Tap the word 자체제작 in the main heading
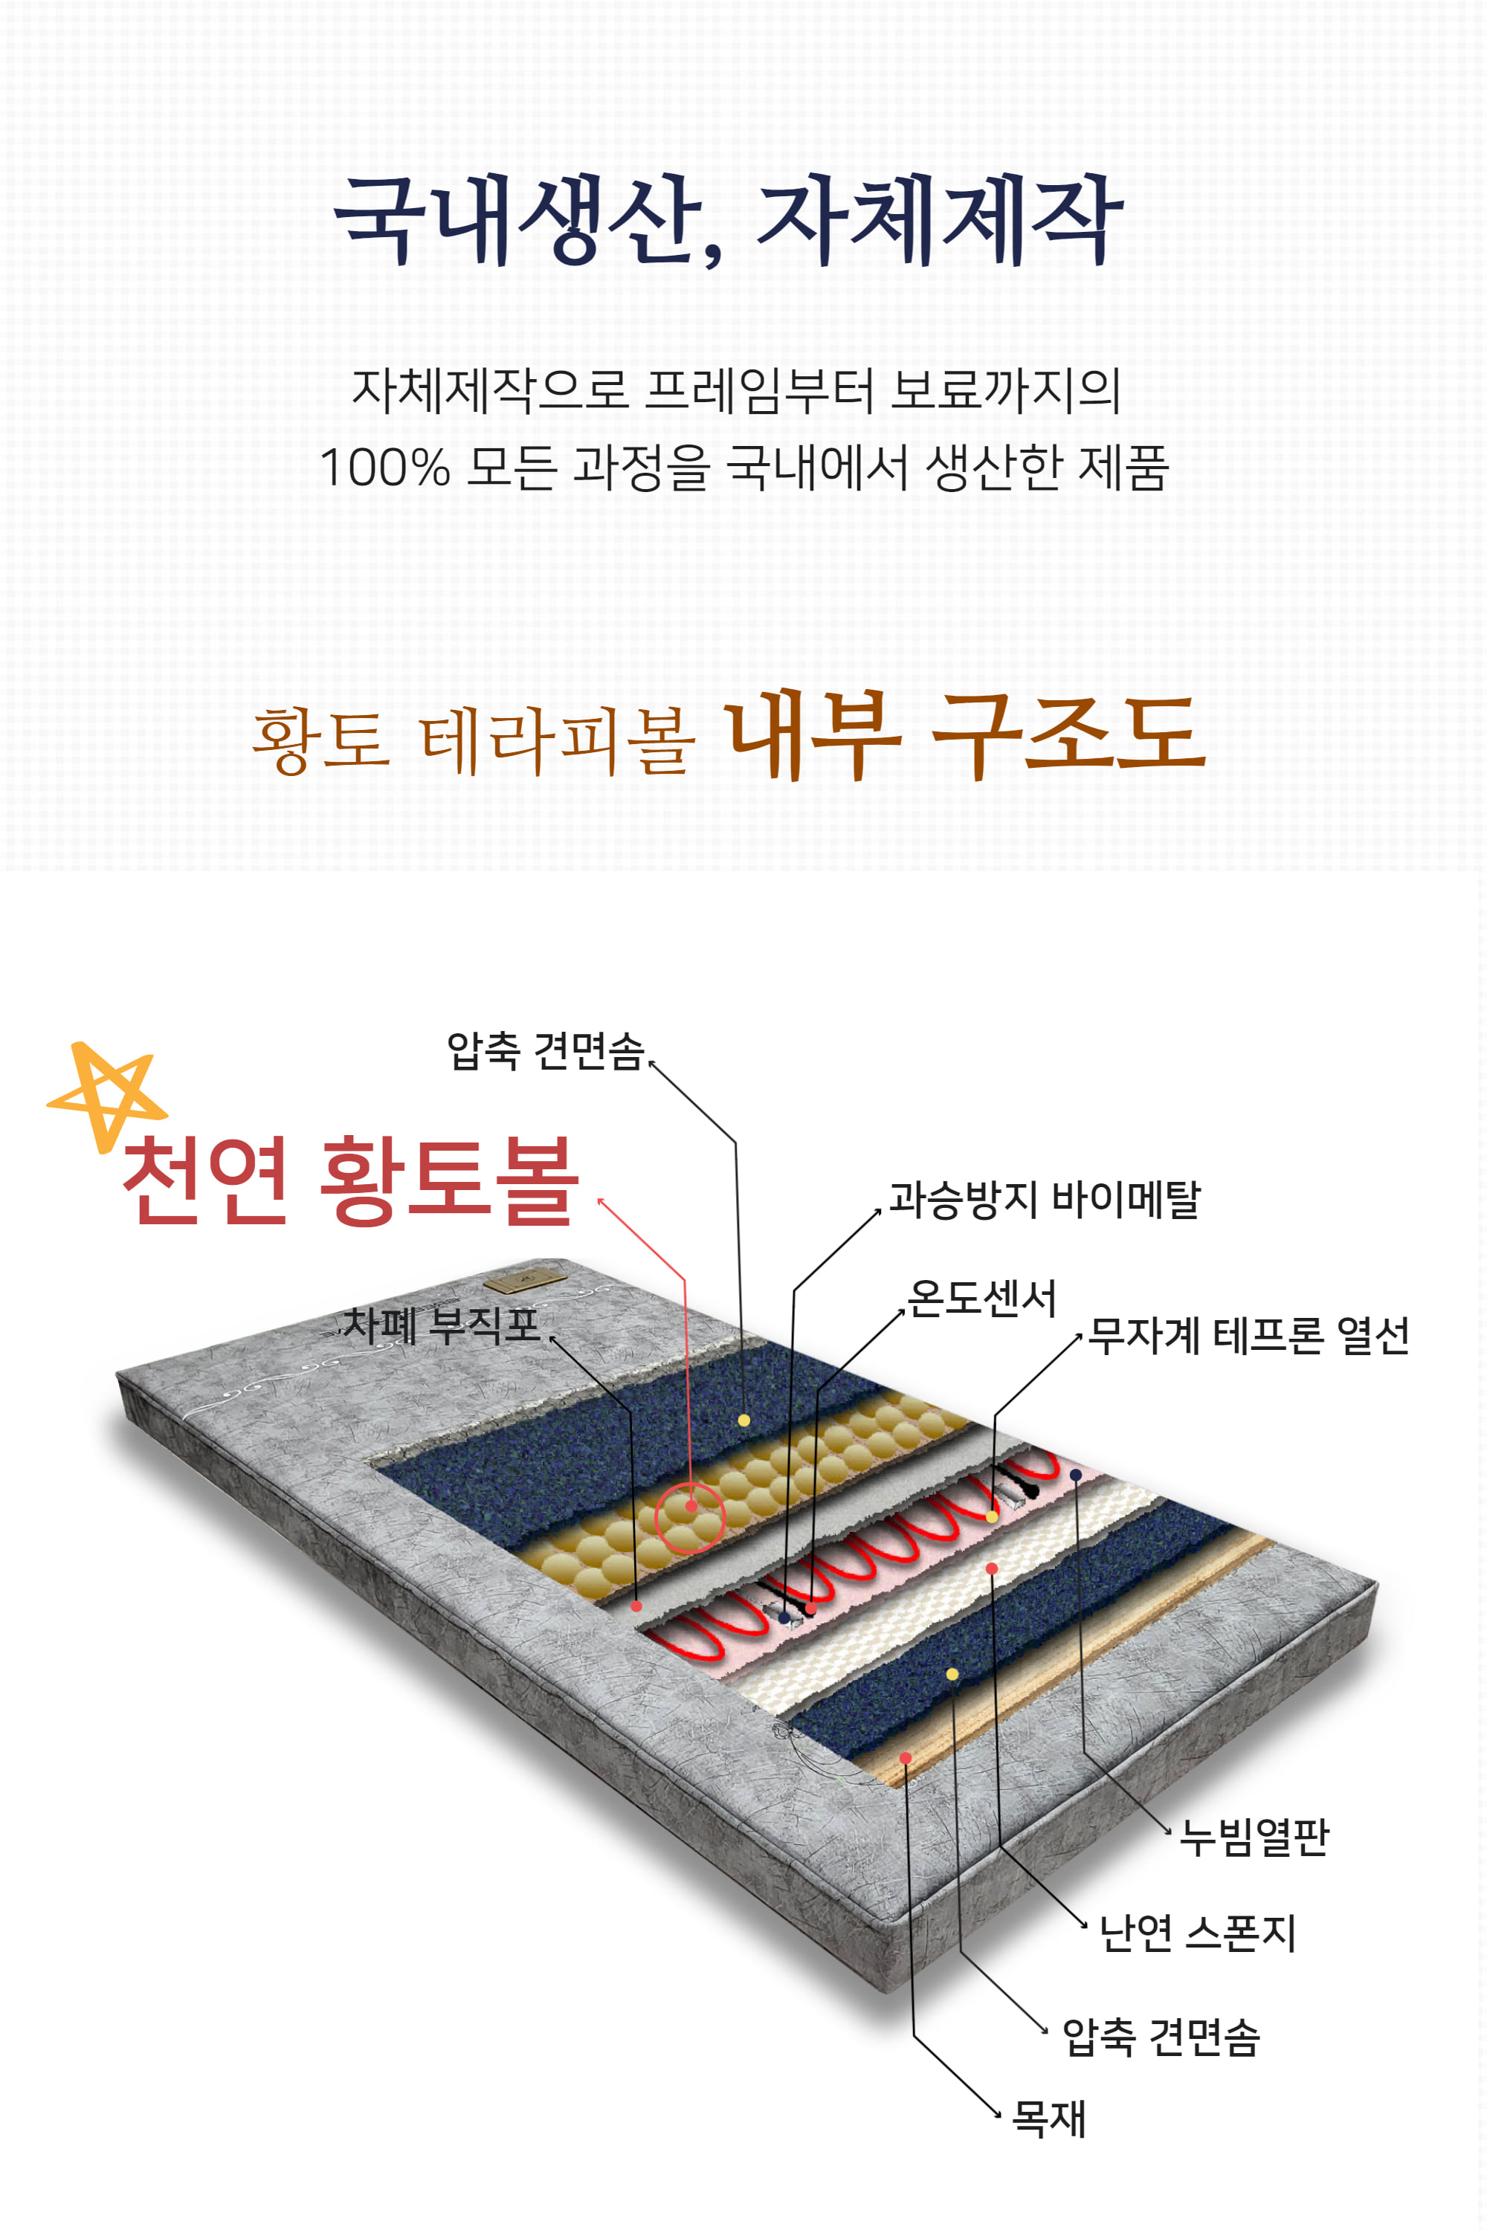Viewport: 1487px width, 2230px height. (939, 220)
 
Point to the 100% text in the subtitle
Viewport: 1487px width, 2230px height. (384, 468)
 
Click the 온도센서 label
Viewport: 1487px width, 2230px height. (981, 1298)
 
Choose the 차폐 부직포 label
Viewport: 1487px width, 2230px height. (441, 1325)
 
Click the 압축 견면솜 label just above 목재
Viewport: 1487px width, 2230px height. (1161, 2037)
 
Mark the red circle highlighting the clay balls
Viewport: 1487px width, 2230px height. (691, 1517)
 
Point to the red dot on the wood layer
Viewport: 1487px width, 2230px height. (906, 1758)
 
